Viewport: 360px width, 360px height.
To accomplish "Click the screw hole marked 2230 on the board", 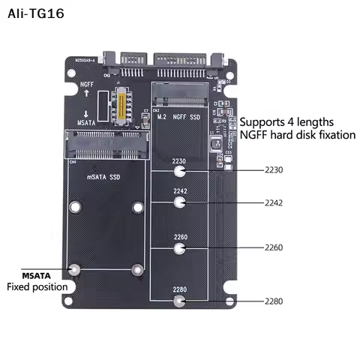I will [179, 171].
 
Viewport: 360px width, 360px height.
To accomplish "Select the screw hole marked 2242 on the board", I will [179, 202].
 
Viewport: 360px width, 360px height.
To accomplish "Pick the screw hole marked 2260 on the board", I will [179, 247].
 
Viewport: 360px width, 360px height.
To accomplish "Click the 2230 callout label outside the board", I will [274, 170].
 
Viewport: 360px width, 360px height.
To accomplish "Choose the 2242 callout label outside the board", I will [274, 202].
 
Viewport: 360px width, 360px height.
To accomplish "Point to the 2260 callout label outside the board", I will [274, 247].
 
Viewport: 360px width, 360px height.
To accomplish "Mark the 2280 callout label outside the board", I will [274, 301].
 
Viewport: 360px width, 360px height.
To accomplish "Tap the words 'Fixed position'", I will [37, 286].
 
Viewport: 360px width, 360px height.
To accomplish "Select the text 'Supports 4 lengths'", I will [286, 121].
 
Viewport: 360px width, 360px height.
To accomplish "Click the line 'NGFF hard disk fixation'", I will [298, 135].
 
